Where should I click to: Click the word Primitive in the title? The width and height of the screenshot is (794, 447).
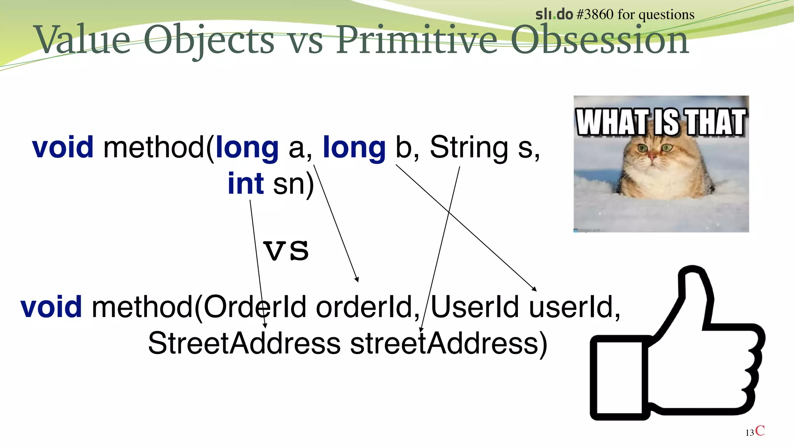pos(416,40)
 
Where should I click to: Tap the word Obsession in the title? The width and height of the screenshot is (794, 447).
pos(599,40)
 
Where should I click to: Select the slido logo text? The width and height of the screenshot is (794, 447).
pos(554,15)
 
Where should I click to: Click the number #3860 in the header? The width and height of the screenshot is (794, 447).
pos(595,15)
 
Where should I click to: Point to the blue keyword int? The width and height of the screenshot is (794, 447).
pos(246,184)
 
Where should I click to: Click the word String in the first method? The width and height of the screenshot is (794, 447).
pos(469,147)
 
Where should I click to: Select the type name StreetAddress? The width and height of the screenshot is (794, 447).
pos(244,343)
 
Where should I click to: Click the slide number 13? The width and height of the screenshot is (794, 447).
pos(749,433)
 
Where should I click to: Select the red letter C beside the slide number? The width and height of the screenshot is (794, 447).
pos(760,431)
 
